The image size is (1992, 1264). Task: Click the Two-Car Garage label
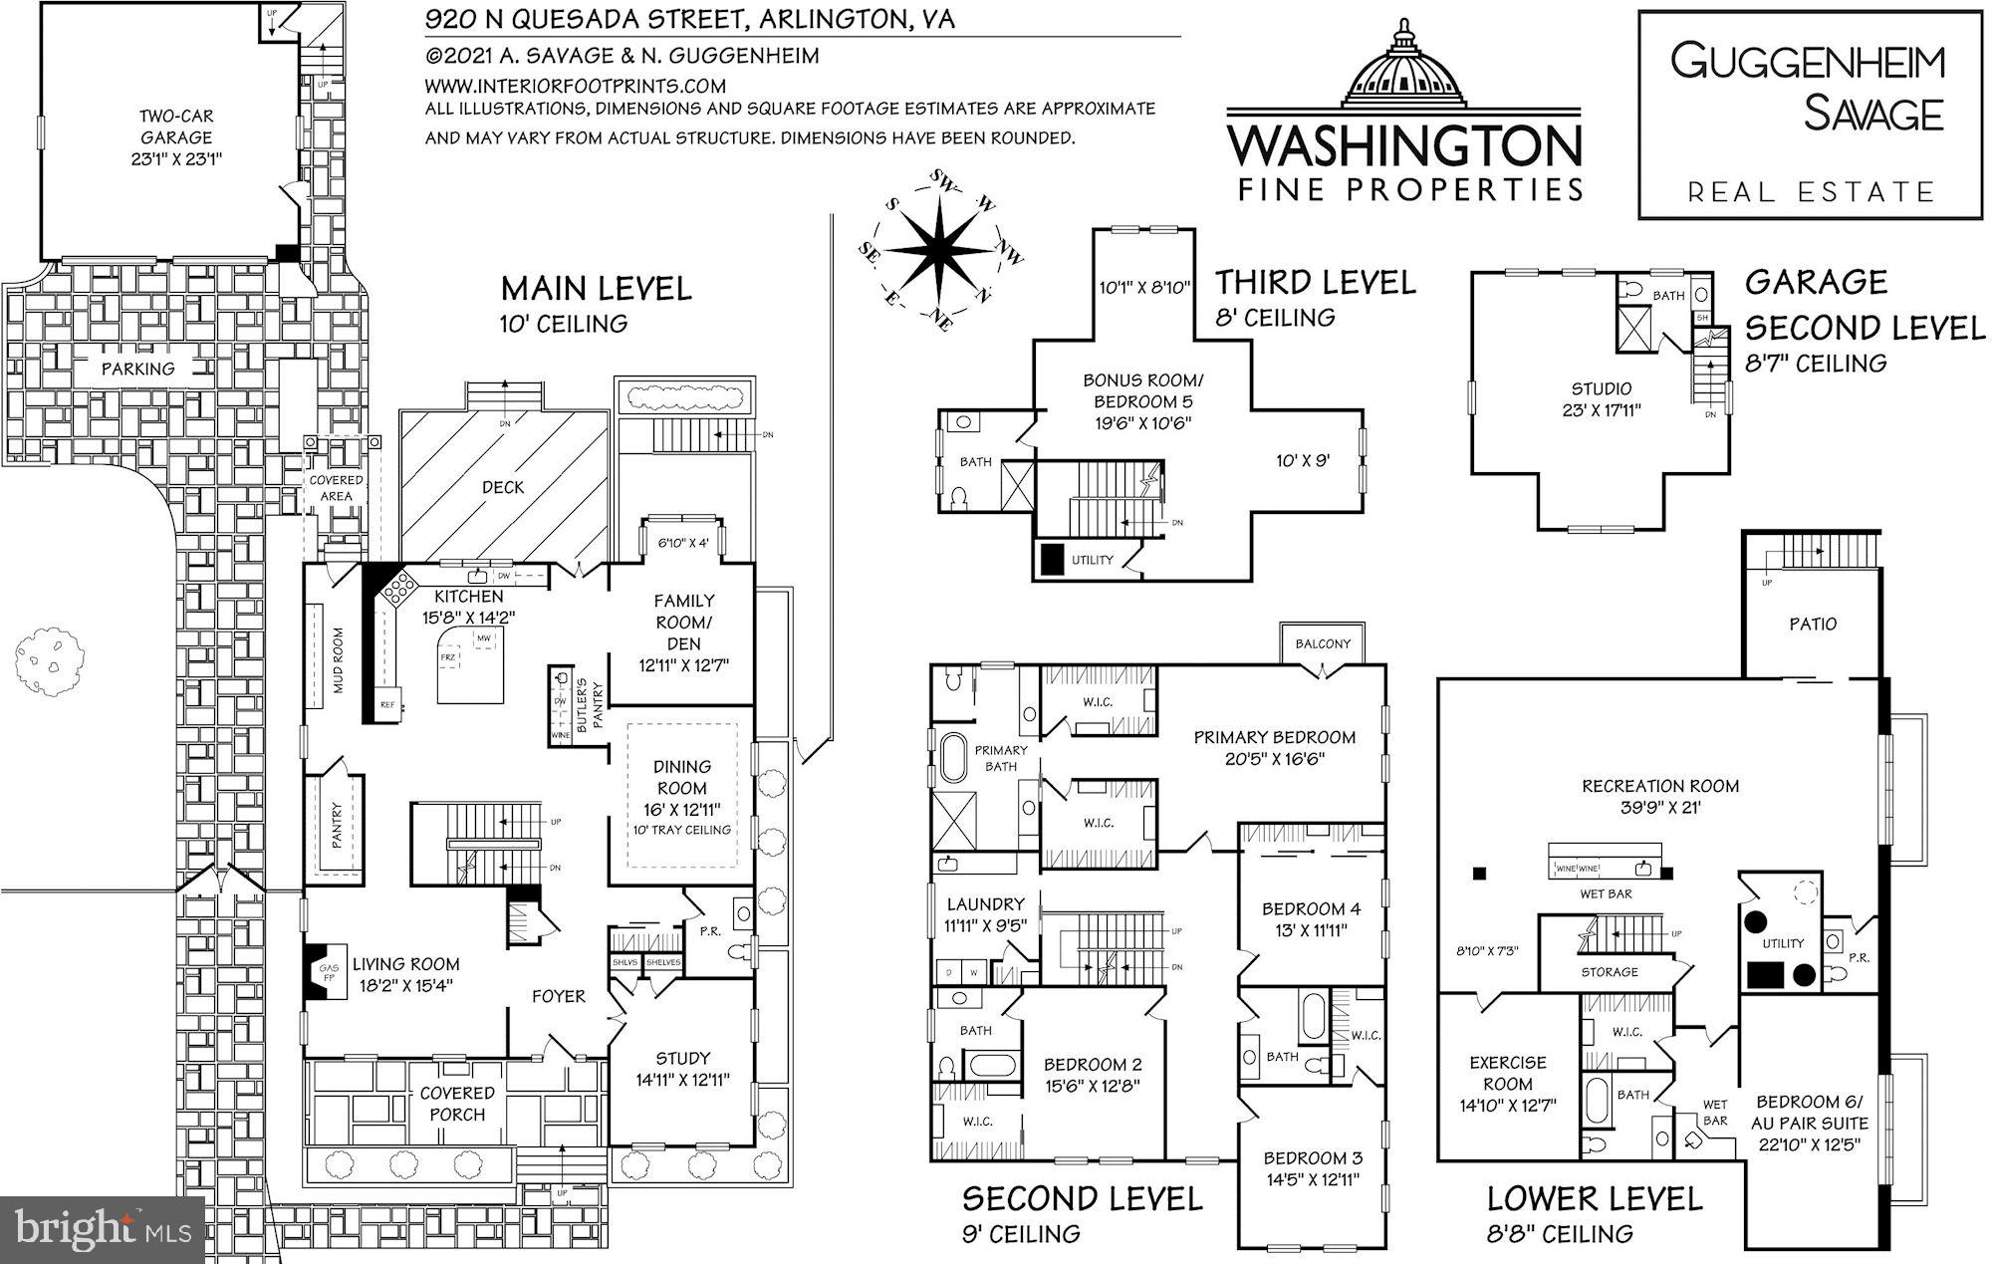pos(175,126)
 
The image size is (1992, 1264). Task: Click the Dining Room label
pos(682,777)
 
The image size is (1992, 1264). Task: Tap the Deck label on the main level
pos(503,487)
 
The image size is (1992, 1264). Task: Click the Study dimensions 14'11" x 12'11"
pos(682,1079)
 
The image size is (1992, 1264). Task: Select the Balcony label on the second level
pos(1323,643)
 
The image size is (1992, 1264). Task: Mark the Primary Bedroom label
pos(1274,737)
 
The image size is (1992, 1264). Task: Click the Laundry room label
pos(985,903)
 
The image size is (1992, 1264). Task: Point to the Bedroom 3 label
pos(1313,1157)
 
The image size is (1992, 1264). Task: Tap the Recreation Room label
pos(1660,786)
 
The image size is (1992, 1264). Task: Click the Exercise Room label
pos(1507,1073)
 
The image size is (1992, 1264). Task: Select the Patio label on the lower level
pos(1812,624)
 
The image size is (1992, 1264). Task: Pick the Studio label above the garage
pos(1602,388)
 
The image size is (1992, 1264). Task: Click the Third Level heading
pos(1315,283)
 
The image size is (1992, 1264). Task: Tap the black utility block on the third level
pos(1051,559)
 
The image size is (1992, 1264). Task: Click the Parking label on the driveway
pos(137,369)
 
